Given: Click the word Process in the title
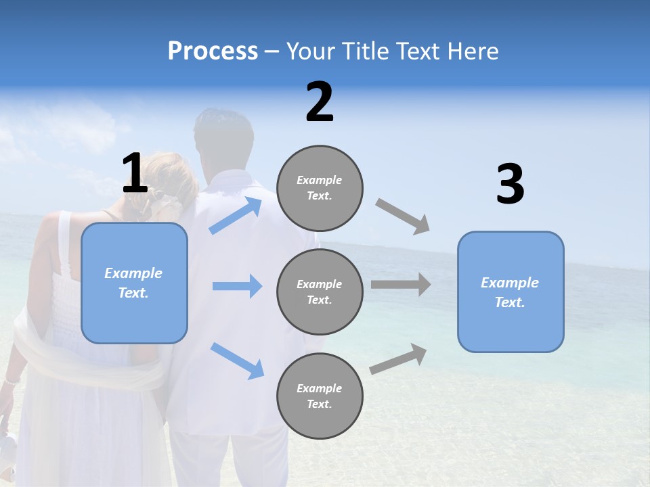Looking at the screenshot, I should (213, 51).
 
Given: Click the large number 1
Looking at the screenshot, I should (135, 173).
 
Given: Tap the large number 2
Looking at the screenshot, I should (320, 102).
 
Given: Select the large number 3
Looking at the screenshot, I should (510, 185).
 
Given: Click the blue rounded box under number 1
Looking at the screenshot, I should (134, 283).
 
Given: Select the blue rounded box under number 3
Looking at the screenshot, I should (511, 292).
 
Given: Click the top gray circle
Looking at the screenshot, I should (320, 188).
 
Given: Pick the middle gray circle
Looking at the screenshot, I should (320, 292).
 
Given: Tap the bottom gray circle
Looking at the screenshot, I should (320, 396).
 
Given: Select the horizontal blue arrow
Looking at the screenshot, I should (237, 286).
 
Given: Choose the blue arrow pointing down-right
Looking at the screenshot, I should (237, 361).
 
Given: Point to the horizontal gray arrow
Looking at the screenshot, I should (401, 285).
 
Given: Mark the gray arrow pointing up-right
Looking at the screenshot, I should (398, 358).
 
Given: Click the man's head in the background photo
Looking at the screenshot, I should (223, 139).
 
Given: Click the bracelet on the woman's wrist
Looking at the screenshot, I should (12, 381).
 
